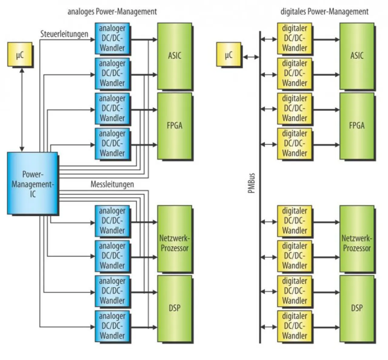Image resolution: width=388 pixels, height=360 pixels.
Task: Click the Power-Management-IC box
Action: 32,183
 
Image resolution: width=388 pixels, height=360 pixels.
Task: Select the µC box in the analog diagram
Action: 20,54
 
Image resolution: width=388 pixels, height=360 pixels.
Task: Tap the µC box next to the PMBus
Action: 229,54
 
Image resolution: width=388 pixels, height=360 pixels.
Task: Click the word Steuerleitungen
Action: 64,34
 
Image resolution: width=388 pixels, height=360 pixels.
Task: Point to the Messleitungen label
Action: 112,184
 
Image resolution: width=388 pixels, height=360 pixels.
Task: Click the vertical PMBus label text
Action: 251,183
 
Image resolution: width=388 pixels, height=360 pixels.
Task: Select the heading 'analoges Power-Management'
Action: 112,12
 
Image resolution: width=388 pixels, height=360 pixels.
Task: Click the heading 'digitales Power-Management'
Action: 324,12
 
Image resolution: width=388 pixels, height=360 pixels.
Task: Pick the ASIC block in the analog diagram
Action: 175,56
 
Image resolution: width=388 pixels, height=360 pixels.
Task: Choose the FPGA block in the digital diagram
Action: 357,126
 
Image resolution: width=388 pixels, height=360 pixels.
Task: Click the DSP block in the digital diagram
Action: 357,308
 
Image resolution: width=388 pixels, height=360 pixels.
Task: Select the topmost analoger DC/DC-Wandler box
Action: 112,38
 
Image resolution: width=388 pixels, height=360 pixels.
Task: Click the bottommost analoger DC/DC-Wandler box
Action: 112,326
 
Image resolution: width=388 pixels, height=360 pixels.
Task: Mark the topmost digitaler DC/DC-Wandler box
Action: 294,38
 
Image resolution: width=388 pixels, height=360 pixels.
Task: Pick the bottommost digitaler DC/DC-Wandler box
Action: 294,326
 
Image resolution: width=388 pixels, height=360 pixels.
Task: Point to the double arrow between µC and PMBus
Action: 251,57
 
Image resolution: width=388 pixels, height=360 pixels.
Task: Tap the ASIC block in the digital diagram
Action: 357,56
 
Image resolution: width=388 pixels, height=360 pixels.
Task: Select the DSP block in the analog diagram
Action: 175,308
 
